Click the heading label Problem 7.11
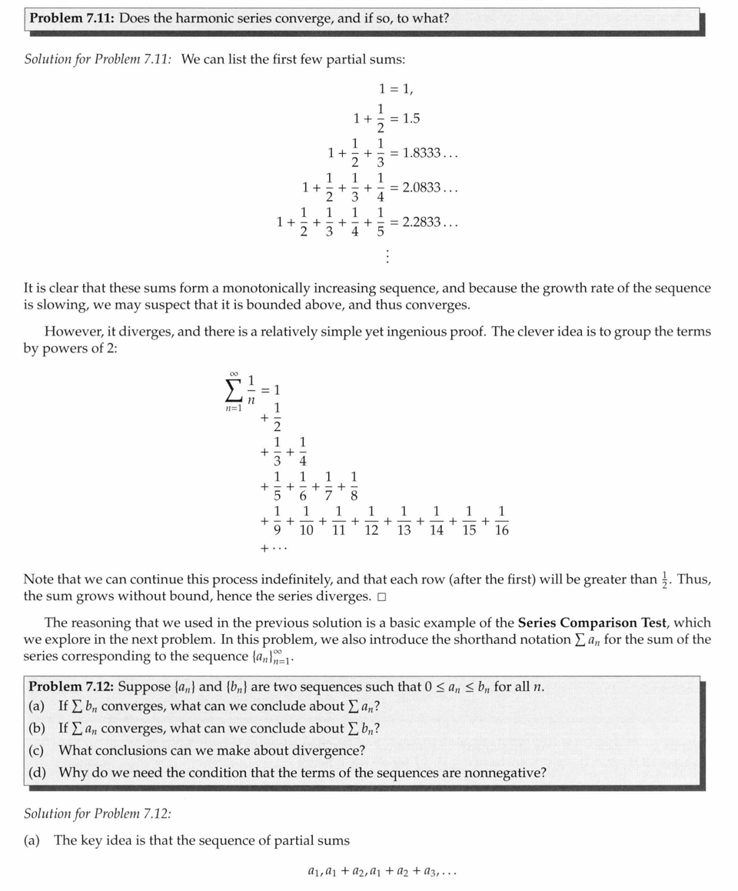tap(71, 18)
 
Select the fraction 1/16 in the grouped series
tap(501, 521)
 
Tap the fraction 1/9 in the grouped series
tap(278, 521)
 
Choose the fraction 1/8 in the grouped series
tap(354, 486)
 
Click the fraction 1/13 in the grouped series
tap(404, 521)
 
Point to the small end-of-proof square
tap(381, 598)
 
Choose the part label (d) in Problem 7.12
tap(37, 772)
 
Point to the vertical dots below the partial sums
tap(387, 255)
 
